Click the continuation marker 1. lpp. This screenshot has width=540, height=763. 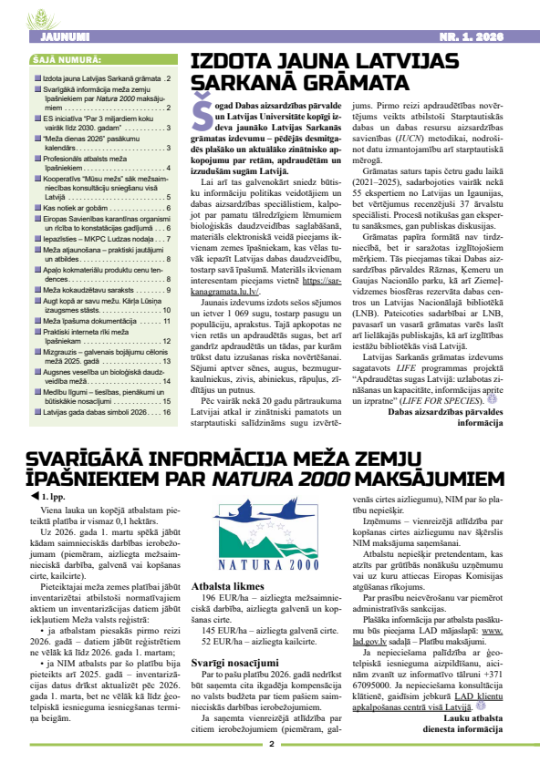tap(50, 497)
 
